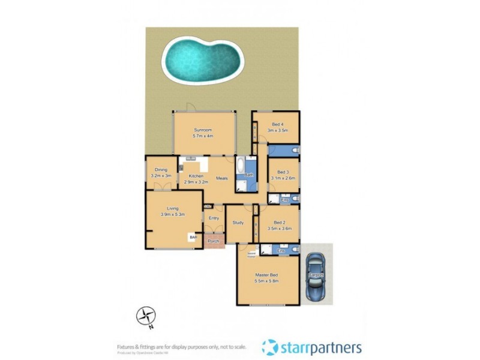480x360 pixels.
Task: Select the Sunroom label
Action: tap(203, 130)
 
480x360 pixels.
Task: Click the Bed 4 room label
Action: tap(278, 125)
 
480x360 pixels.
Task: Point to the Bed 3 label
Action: tap(283, 172)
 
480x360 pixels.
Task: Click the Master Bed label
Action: tap(268, 275)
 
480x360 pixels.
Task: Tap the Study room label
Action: tap(238, 223)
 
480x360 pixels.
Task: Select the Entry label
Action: tap(214, 218)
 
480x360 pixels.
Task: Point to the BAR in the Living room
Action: tap(193, 238)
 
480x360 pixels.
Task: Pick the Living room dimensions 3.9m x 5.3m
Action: tap(172, 214)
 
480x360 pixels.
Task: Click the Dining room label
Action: tap(161, 170)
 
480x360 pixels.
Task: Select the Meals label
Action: tap(221, 178)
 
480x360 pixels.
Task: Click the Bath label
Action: tap(248, 175)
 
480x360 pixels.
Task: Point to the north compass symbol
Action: tap(146, 316)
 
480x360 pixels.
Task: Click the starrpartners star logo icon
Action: tap(270, 347)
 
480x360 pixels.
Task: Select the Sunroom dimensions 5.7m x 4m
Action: tap(203, 136)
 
